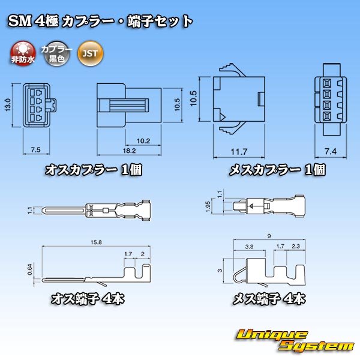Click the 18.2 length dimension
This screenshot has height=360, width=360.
click(127, 150)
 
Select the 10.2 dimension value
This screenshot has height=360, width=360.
click(143, 141)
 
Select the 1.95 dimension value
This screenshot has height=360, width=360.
click(206, 207)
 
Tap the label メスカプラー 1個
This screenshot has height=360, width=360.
click(278, 170)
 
